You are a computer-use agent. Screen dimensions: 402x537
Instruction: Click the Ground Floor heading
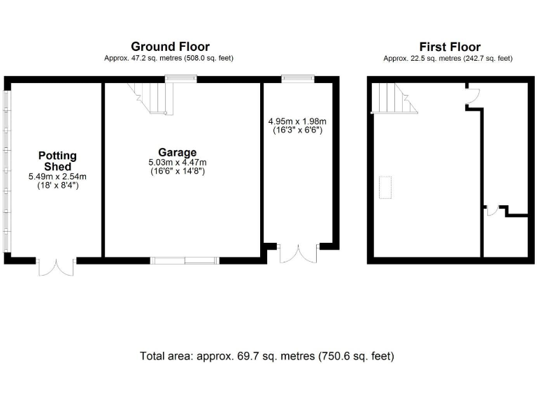(x=170, y=47)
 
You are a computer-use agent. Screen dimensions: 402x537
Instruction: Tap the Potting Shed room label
(x=57, y=161)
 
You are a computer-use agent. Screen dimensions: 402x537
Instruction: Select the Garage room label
(x=177, y=152)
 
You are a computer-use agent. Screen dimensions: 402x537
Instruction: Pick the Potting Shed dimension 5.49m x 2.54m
(x=57, y=177)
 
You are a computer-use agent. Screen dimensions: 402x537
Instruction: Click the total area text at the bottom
(x=267, y=356)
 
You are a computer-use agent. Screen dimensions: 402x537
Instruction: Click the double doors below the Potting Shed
(x=56, y=267)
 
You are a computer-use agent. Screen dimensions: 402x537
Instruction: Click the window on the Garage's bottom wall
(x=185, y=260)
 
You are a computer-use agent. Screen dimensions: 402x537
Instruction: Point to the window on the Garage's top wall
(x=185, y=79)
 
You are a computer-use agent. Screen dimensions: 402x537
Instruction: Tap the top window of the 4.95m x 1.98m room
(x=292, y=79)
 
